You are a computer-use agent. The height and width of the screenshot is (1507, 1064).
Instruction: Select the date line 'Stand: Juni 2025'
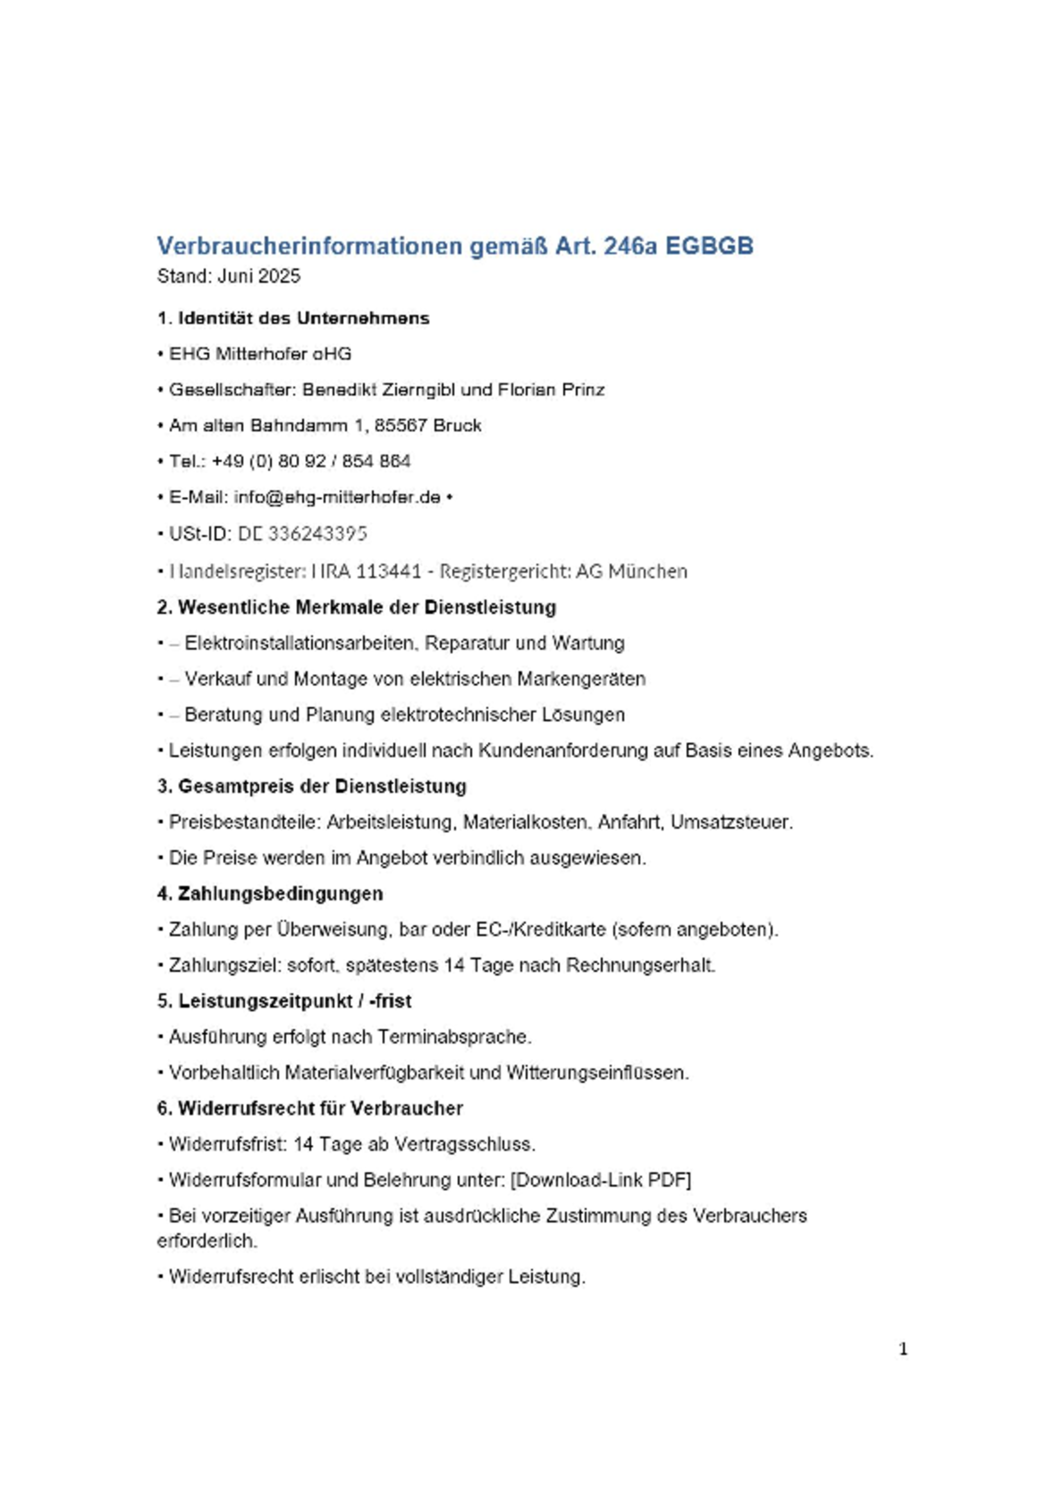point(228,276)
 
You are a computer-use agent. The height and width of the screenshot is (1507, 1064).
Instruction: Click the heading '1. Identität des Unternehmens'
point(293,318)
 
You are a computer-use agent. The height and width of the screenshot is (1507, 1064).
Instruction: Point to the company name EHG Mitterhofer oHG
point(260,354)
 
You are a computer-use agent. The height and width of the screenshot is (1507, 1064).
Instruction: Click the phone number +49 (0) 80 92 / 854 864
point(312,461)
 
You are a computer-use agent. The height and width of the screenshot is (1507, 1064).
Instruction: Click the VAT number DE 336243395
point(302,534)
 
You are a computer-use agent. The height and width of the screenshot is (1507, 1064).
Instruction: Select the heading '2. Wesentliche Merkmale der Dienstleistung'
point(356,608)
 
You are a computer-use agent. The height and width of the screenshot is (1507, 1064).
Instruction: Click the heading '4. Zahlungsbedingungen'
point(270,894)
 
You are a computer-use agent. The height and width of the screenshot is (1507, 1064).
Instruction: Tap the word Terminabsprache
point(453,1037)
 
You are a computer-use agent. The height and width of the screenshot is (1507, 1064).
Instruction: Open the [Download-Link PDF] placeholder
point(600,1180)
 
